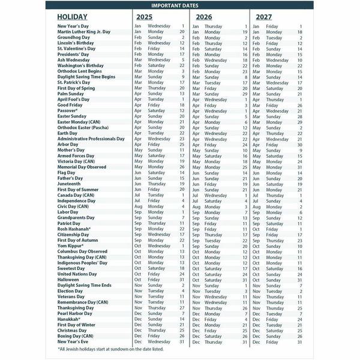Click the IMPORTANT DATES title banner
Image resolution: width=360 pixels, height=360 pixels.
[180, 5]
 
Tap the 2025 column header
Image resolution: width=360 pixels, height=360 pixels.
[144, 17]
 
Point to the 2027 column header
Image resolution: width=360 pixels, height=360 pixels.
[265, 17]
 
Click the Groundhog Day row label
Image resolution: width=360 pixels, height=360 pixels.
[75, 37]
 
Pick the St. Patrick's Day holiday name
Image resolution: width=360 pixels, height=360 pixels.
[76, 82]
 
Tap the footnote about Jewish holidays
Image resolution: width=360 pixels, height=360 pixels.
[119, 349]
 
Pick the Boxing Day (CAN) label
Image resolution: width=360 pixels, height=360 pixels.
[79, 335]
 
